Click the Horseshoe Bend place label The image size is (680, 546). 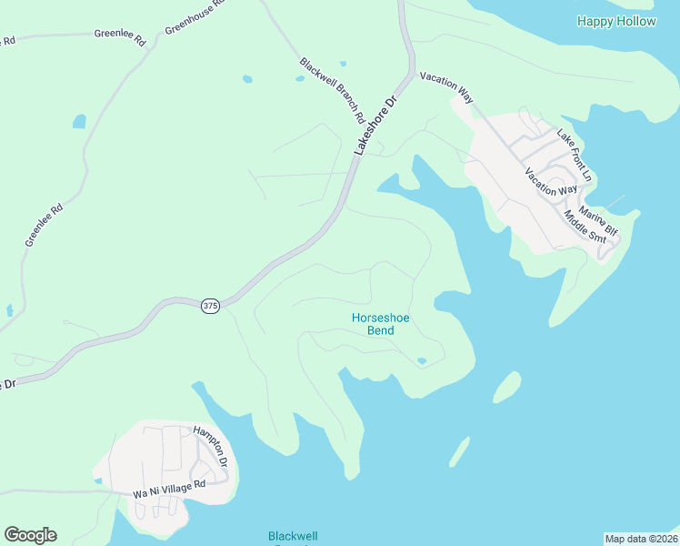coord(373,324)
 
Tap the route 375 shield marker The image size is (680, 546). coord(210,307)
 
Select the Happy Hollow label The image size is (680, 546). coord(615,21)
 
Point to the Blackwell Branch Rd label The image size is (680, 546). coord(332,91)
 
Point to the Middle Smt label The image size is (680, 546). coord(584,226)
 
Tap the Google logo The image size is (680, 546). coord(30,535)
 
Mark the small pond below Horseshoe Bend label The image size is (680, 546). coord(421,361)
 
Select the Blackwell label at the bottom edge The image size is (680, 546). coord(293,537)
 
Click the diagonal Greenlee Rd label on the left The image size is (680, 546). coord(44,225)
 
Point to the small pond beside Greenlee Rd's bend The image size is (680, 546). coord(79,121)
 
